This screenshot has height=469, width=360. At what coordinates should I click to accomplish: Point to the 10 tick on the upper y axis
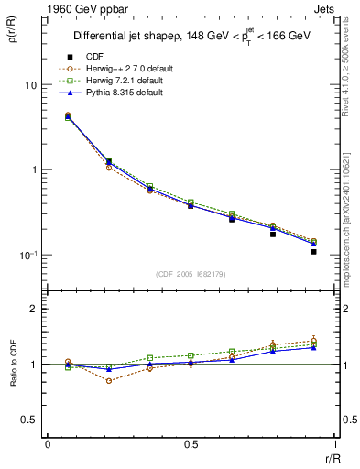click(31, 85)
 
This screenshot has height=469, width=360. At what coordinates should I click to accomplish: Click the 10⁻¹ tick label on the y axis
click(27, 255)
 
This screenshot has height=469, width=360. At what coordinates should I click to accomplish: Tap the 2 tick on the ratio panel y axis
click(35, 310)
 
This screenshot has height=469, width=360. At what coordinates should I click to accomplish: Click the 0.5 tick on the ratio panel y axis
click(30, 420)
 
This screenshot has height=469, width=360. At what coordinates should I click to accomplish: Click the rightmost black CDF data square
click(313, 251)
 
